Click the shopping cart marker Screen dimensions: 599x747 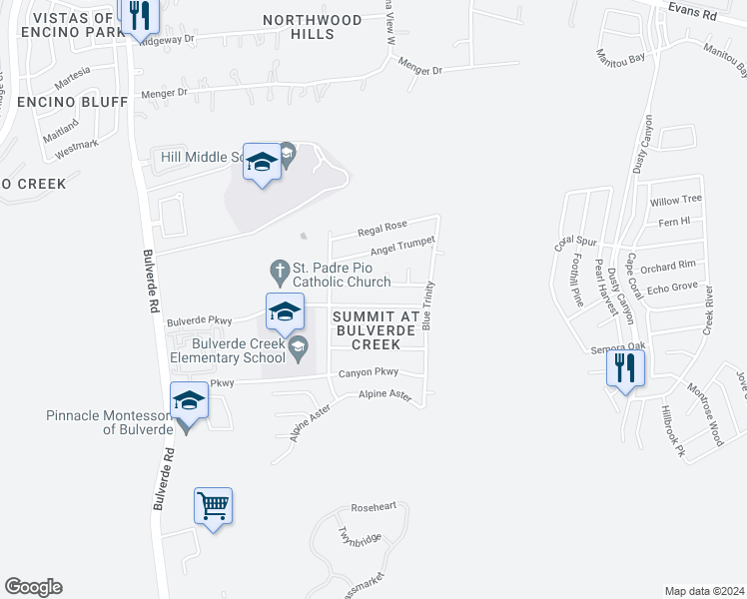213,506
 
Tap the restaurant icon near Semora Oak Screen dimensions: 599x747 625,367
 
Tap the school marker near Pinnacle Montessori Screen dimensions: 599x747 188,401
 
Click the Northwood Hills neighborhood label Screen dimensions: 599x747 312,27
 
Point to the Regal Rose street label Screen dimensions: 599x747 383,228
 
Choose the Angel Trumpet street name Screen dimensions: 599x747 402,246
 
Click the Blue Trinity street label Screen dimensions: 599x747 427,305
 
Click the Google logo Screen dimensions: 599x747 32,587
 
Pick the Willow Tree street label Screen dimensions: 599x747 677,200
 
